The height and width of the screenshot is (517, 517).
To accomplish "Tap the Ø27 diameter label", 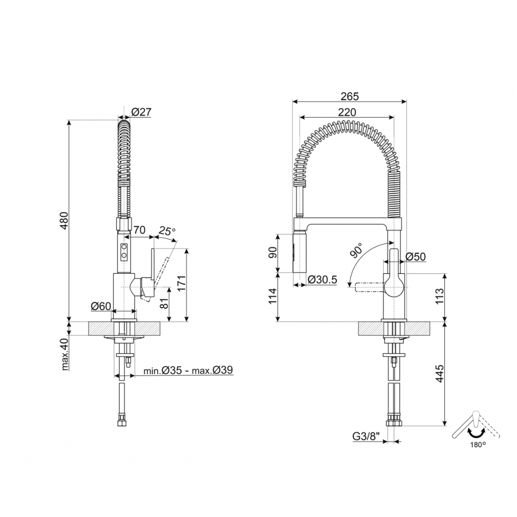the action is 142,112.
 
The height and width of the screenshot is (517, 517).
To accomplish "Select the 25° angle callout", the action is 167,230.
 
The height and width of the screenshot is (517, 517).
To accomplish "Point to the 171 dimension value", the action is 182,284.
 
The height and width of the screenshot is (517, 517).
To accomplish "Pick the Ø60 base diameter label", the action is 101,306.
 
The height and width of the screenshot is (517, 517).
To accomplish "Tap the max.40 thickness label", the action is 65,355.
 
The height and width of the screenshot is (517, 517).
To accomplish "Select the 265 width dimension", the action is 349,97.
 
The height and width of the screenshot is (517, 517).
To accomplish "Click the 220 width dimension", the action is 347,112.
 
